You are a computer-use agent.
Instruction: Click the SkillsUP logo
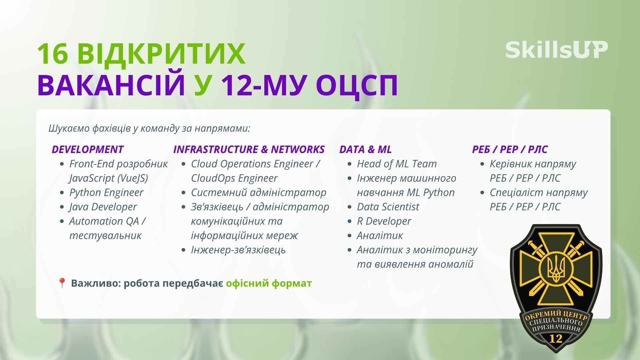coord(556,50)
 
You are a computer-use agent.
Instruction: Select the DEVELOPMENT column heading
coord(87,149)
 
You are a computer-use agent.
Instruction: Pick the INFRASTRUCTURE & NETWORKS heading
coord(249,149)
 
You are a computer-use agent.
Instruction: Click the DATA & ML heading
coord(365,149)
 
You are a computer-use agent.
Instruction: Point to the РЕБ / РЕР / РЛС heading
coord(510,149)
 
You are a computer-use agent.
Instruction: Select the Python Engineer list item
coord(106,192)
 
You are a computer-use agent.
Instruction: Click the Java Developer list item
coord(103,207)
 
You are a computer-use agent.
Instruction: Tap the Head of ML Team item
coord(397,164)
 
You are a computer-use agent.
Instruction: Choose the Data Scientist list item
coord(388,207)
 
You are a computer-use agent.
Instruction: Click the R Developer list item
coord(384,221)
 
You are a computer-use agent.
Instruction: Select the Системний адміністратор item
coord(258,192)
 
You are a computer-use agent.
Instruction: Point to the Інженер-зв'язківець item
coord(238,250)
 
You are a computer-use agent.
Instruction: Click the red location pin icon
coord(62,283)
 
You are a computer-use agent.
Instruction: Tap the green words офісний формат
coord(269,283)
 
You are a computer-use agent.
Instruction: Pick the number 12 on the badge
coord(556,338)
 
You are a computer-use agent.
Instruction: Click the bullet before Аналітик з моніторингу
coord(349,250)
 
